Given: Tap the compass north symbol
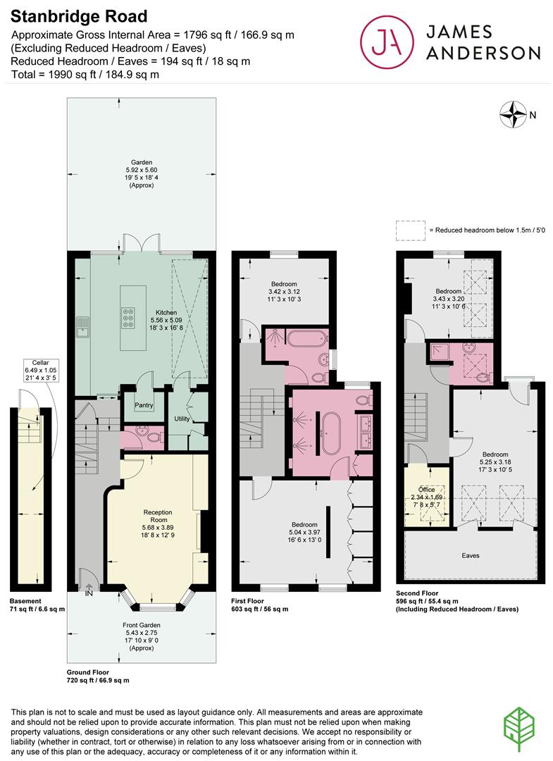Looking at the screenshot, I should pos(514,113).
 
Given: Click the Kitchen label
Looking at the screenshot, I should pos(166,312).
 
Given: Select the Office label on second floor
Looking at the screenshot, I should pos(426,489).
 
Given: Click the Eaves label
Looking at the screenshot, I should pos(471,556).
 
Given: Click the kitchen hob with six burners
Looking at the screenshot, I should pos(130,318).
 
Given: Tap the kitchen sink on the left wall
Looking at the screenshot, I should pos(83,326).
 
